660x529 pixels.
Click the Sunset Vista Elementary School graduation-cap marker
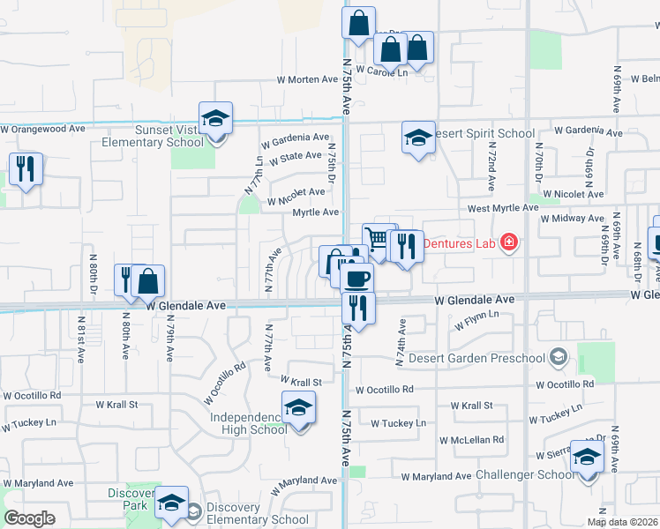214,119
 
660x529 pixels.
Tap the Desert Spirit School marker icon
418,138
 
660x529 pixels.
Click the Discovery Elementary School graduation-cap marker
171,503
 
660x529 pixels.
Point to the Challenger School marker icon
587,458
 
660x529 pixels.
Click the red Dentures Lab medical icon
508,242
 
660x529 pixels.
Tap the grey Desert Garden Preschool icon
557,357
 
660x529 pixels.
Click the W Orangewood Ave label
42,129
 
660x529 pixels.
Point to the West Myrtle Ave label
502,208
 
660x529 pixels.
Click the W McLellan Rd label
474,439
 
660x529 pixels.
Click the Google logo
30,518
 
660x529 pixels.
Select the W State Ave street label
296,157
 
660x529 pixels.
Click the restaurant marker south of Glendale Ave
358,308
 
